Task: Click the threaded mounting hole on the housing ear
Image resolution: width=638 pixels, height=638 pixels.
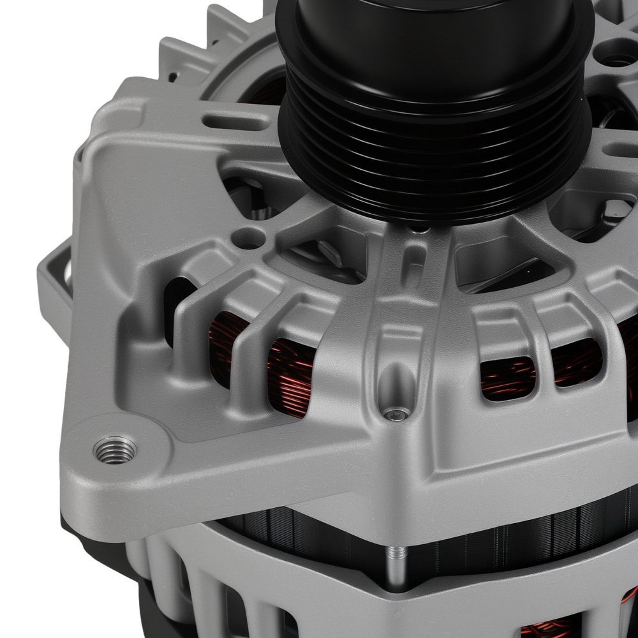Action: (x=115, y=450)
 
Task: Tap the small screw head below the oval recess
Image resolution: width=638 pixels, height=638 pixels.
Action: (x=396, y=415)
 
